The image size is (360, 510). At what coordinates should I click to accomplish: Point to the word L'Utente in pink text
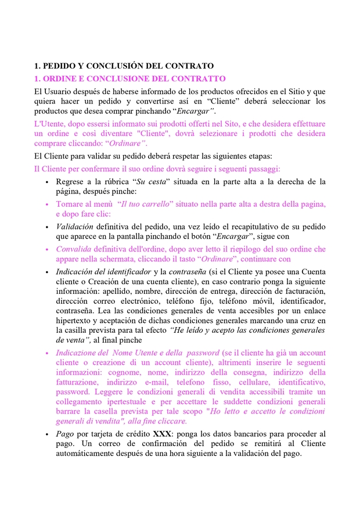(49, 124)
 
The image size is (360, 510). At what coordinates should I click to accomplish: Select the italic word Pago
(65, 434)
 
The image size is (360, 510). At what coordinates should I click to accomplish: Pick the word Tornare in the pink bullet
(70, 204)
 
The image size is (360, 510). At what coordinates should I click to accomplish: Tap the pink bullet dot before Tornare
(47, 204)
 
